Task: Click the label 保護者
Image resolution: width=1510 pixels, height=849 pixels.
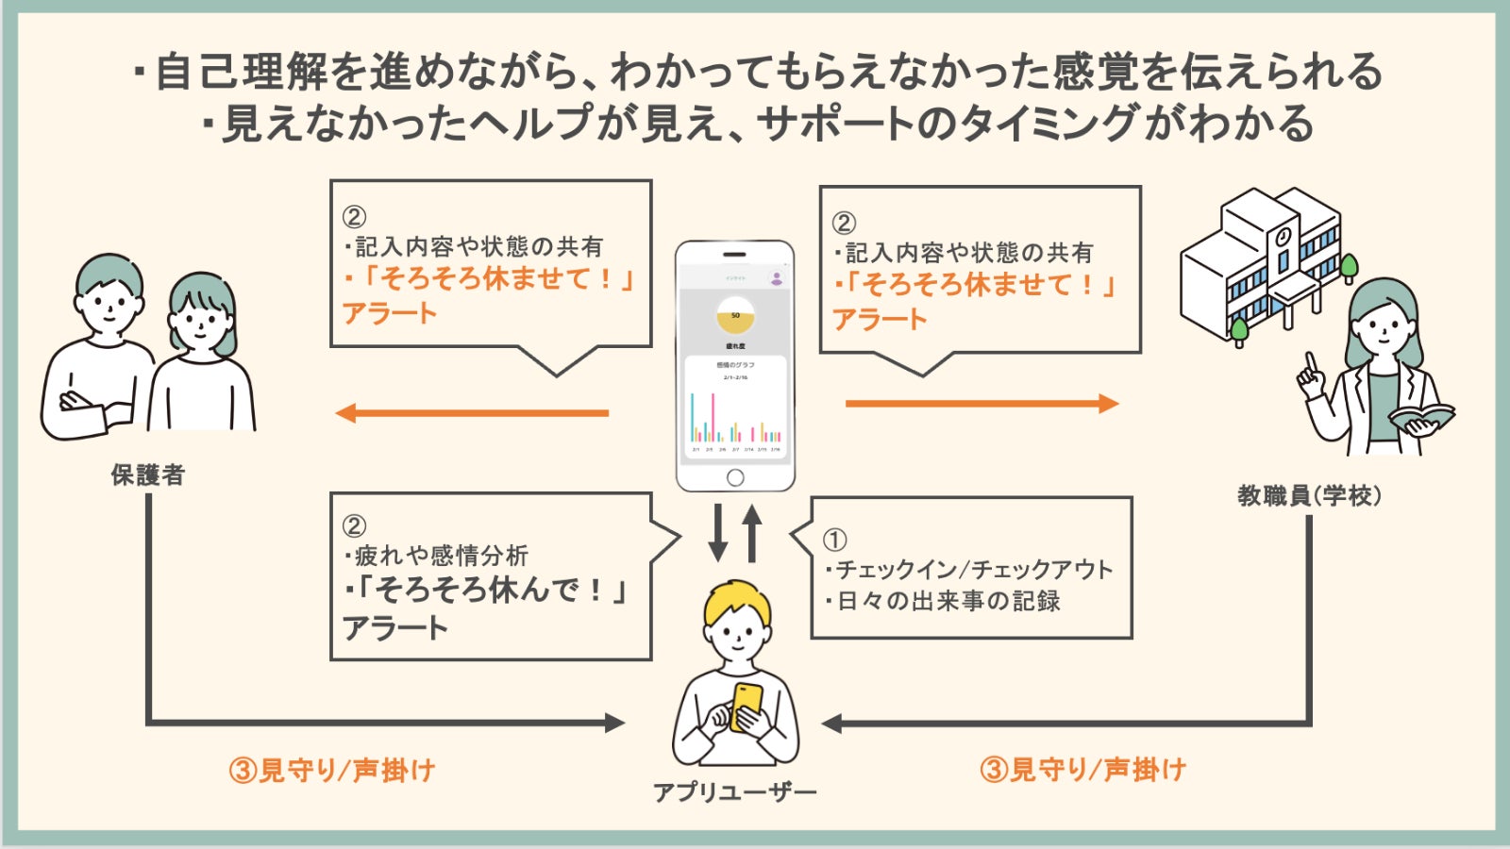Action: coord(147,474)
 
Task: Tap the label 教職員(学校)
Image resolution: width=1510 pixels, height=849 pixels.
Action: coord(1309,495)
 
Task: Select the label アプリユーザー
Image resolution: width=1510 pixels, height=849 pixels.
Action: coord(735,792)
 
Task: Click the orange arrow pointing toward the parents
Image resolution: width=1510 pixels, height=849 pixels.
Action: coord(472,413)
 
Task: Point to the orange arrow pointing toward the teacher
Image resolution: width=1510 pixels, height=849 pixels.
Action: coord(981,404)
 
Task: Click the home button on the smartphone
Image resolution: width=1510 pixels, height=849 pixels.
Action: coord(735,477)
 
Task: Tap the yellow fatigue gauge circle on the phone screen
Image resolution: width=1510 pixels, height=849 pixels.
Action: coord(735,316)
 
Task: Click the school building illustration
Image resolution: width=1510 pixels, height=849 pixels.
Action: coord(1260,259)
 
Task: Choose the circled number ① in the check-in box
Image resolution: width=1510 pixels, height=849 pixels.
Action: coord(835,540)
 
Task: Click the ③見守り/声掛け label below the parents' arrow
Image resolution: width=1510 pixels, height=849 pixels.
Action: coord(331,771)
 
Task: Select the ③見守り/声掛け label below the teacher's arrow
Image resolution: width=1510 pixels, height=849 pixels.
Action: coord(1082,770)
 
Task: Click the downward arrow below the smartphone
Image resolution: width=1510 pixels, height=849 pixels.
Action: coord(718,533)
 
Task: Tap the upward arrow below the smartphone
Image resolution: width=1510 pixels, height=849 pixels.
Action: coord(752,533)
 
